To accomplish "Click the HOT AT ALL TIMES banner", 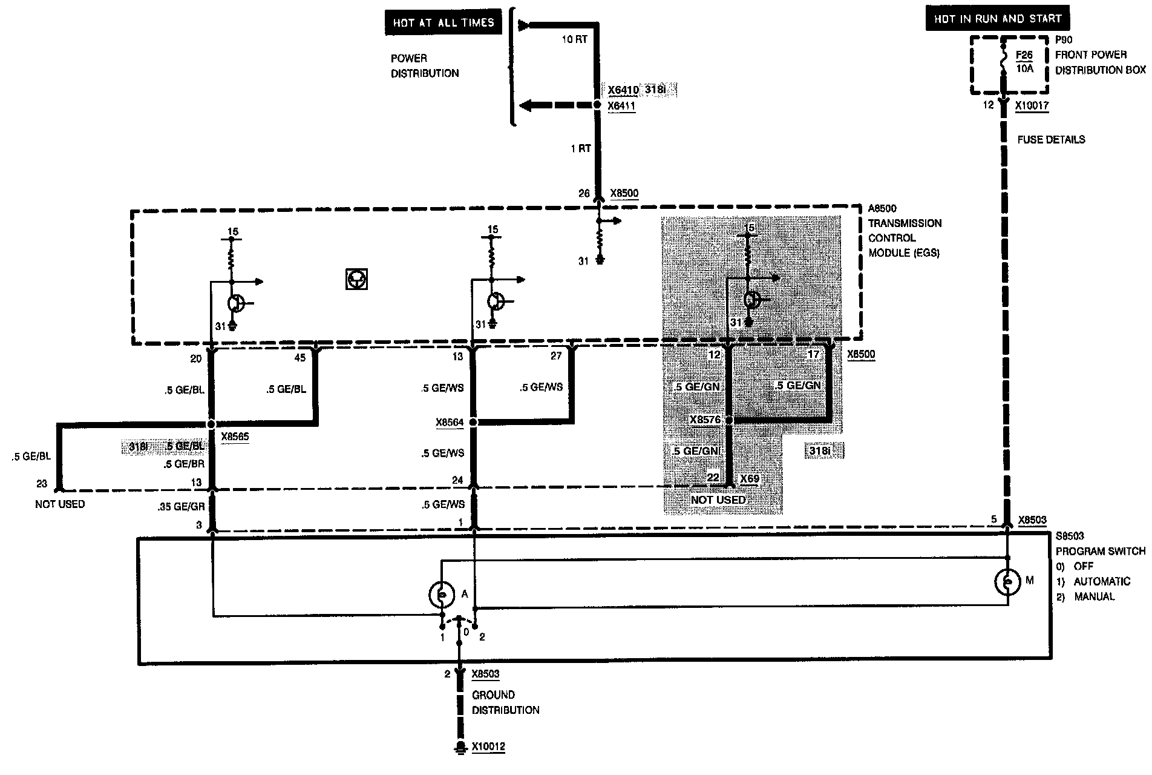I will tap(443, 23).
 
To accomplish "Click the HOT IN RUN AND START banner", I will tap(998, 19).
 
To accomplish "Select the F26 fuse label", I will tap(1024, 55).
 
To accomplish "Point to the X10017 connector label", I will tap(1032, 105).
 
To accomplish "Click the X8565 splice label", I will tap(235, 436).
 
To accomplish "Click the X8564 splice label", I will tap(450, 423).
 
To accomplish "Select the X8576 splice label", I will tap(705, 420).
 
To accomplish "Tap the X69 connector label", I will tap(750, 478).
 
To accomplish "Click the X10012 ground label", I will tap(488, 746).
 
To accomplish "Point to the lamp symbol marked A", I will tap(442, 595).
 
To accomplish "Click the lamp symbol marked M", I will tap(1007, 581).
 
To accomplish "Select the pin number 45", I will tap(300, 358).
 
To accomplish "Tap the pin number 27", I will tap(556, 356).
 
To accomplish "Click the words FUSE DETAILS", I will tap(1051, 140).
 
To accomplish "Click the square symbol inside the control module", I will tap(356, 279).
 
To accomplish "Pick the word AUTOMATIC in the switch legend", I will tap(1102, 581).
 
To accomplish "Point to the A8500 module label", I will tap(883, 209).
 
